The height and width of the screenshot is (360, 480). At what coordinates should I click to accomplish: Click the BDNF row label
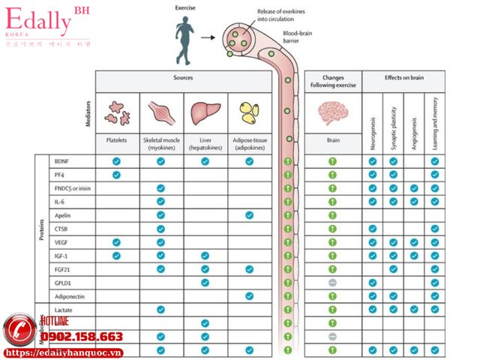click(x=61, y=161)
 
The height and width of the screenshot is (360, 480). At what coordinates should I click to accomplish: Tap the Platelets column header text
click(x=116, y=140)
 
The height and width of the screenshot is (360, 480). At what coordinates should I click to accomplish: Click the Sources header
click(x=183, y=78)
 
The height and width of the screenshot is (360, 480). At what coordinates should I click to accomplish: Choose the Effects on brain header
click(x=403, y=78)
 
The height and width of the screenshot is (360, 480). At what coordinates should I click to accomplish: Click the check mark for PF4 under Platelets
click(x=116, y=175)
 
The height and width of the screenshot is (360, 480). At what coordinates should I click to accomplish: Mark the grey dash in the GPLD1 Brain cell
click(x=332, y=282)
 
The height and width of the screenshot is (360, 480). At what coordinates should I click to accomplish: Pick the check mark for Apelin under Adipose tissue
click(x=249, y=215)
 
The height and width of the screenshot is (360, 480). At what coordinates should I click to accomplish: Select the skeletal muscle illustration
click(x=160, y=112)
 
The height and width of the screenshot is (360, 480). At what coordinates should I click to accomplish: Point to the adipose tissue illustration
click(x=249, y=112)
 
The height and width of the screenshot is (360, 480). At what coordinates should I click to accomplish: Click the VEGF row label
click(x=61, y=242)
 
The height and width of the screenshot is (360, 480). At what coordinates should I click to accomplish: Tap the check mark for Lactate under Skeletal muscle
click(x=160, y=309)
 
